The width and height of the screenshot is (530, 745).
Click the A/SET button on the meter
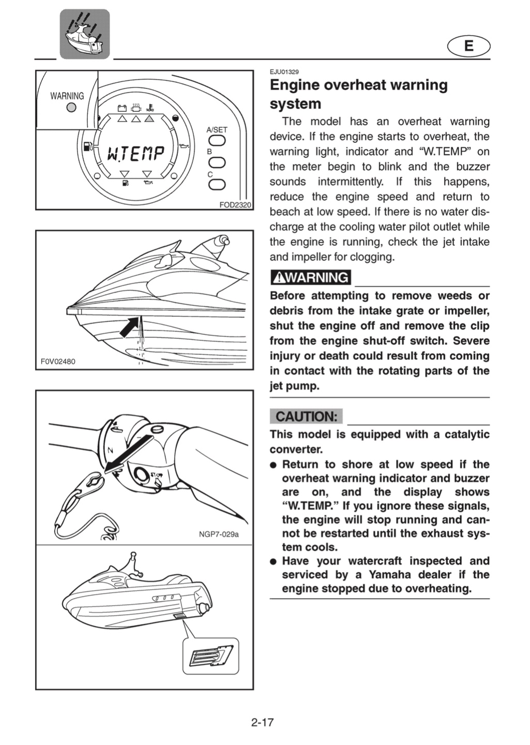(217, 141)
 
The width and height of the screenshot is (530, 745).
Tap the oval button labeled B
(217, 162)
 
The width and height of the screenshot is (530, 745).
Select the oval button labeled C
(217, 184)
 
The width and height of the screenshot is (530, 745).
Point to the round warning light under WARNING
(71, 107)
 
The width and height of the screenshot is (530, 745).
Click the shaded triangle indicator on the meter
(149, 118)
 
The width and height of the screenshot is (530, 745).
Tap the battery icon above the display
(123, 108)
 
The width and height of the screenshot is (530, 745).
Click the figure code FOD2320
(235, 205)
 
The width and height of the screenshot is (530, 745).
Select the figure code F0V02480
(58, 361)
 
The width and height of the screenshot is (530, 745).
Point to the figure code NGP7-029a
(219, 534)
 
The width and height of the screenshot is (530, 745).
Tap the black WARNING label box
(311, 277)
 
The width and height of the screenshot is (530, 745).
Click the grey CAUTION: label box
(306, 416)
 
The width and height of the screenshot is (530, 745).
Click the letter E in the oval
(469, 46)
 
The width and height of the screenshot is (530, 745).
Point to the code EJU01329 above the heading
(284, 72)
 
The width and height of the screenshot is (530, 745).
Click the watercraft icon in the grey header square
(85, 34)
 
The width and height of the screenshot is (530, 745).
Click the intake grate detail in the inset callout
(211, 656)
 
